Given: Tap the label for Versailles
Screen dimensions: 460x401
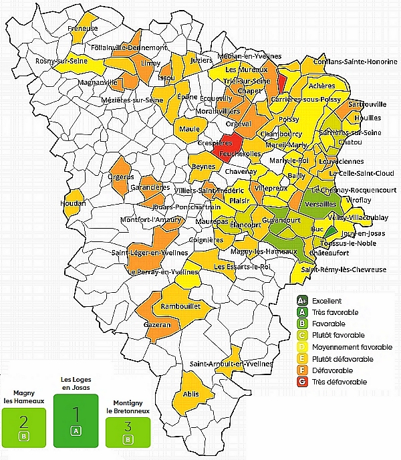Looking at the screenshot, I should pos(320,204).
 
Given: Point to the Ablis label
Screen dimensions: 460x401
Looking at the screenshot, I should pos(190,394).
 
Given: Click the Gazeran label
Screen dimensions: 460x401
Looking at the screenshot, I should pos(158,324).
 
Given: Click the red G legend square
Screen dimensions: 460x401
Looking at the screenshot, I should pos(303,382).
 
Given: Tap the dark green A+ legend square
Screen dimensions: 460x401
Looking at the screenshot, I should pos(303,301).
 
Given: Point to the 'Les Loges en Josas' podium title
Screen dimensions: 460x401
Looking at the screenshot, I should pos(75,383).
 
